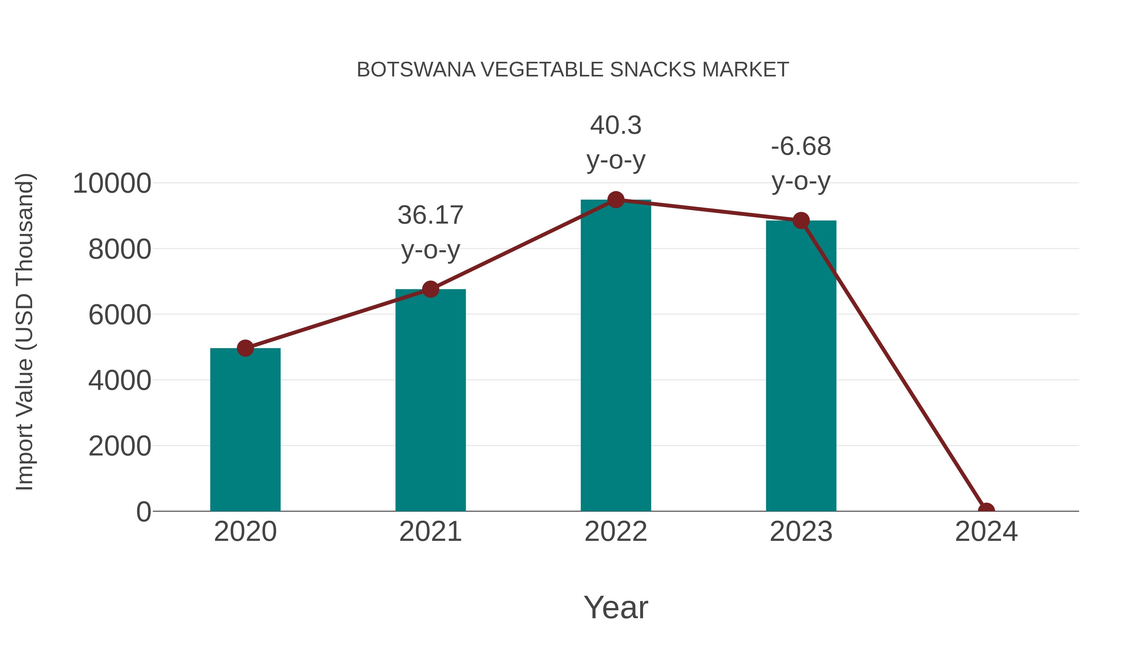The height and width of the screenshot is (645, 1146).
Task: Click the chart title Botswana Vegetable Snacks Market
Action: coord(573,70)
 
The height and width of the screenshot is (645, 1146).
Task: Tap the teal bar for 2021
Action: coord(430,401)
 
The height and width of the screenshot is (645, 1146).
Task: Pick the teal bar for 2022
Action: coord(616,356)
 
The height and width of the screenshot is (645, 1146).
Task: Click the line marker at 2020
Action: coord(245,348)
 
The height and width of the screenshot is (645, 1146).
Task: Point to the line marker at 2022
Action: coord(616,200)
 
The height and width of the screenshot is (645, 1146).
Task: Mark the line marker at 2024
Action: coord(986,510)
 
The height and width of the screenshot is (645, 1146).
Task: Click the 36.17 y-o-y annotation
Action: coord(430,233)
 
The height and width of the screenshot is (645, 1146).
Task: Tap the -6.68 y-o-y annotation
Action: coord(801,164)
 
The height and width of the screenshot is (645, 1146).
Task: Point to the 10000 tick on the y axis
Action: coord(112,183)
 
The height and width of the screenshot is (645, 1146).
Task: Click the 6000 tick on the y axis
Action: coord(120,315)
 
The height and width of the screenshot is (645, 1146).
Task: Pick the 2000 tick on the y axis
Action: coord(120,446)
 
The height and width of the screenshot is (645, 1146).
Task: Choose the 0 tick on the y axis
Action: coord(143,512)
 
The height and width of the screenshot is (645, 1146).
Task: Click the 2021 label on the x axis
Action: coord(430,532)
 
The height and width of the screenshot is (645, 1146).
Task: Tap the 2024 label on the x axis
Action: coord(986,532)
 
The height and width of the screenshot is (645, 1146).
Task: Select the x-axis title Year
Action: coord(616,607)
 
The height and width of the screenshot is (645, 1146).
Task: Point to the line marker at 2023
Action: coord(801,220)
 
